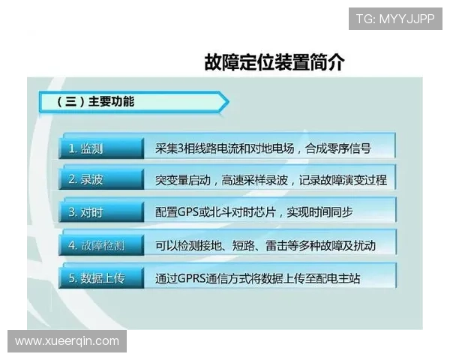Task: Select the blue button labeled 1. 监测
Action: [x=100, y=148]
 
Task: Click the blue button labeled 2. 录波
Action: [x=100, y=180]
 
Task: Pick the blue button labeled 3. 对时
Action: [x=100, y=212]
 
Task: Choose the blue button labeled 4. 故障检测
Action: [x=100, y=245]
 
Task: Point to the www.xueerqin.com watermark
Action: [x=67, y=341]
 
